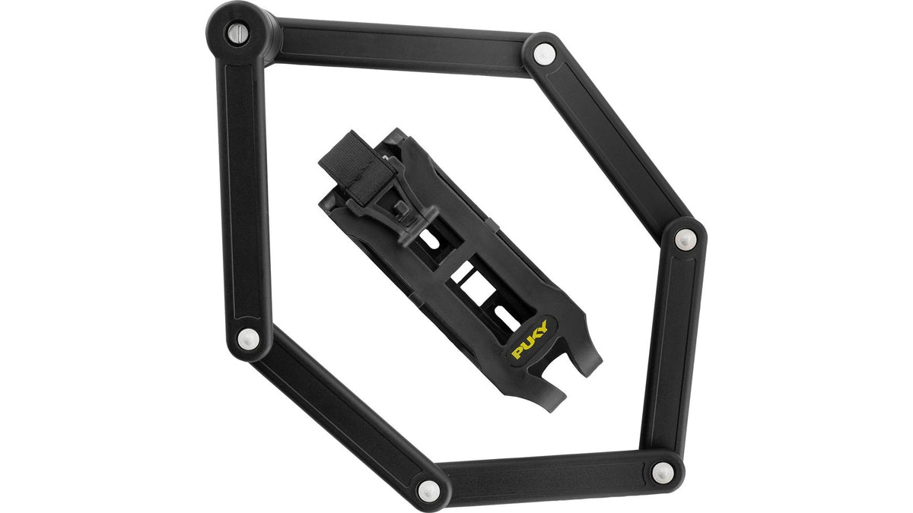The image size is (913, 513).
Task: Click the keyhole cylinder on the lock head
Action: [237, 33]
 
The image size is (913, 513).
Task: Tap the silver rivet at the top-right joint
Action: [544, 54]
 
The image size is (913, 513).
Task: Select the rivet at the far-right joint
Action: [685, 239]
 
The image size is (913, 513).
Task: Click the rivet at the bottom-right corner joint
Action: [663, 473]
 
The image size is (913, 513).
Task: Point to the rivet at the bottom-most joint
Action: [429, 491]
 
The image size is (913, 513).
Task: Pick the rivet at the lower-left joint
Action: [248, 339]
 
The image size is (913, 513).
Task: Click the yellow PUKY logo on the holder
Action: [530, 340]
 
